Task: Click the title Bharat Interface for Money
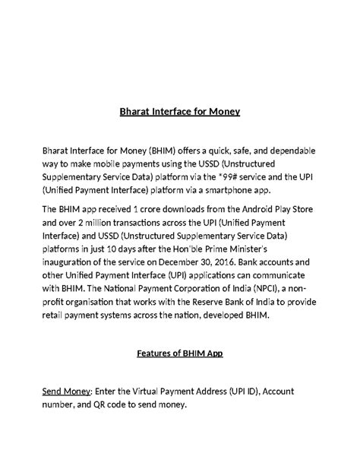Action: coord(180,112)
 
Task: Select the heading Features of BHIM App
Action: coord(179,353)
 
